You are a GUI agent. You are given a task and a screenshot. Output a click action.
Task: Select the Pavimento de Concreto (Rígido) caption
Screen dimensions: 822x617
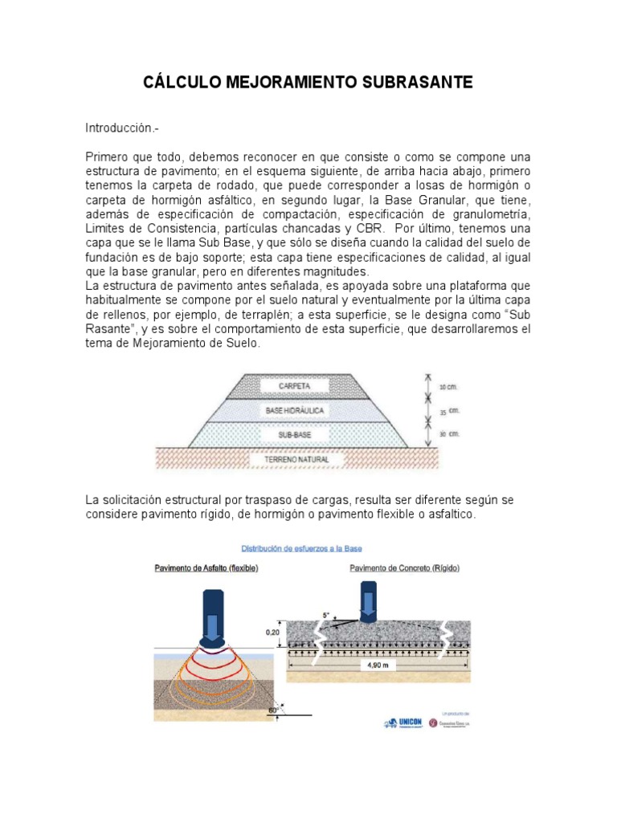(398, 568)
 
